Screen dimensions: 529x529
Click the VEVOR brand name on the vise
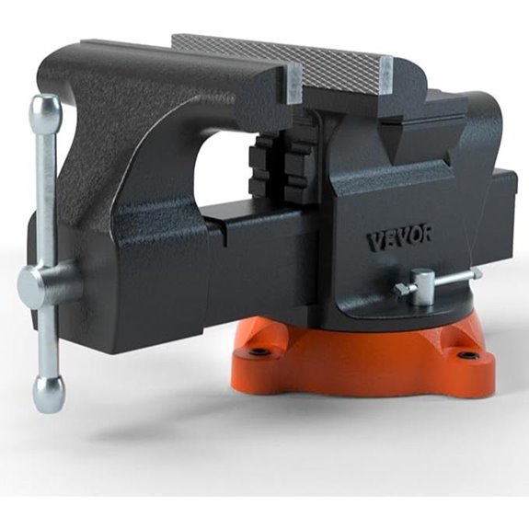pos(399,239)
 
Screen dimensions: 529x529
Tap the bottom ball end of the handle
pos(48,393)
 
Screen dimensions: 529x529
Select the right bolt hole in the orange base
pos(470,355)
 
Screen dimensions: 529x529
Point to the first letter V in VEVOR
pos(374,242)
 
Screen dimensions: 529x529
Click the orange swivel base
pos(368,363)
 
